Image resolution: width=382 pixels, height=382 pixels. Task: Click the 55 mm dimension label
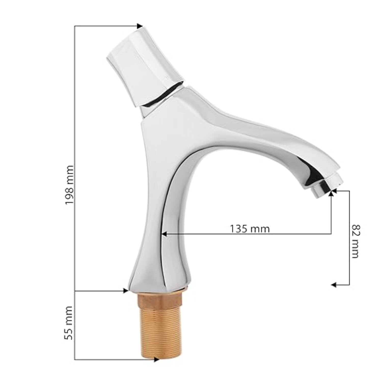(69, 323)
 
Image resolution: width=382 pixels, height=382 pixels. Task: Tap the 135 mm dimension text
(250, 229)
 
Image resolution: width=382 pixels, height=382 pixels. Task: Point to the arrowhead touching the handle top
(140, 26)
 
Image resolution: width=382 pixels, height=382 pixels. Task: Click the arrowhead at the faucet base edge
(125, 291)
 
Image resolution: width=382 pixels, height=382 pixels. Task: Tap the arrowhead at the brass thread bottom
(156, 360)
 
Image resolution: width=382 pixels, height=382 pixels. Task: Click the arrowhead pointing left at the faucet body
(165, 234)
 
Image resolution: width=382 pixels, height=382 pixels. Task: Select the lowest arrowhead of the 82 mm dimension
(334, 285)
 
